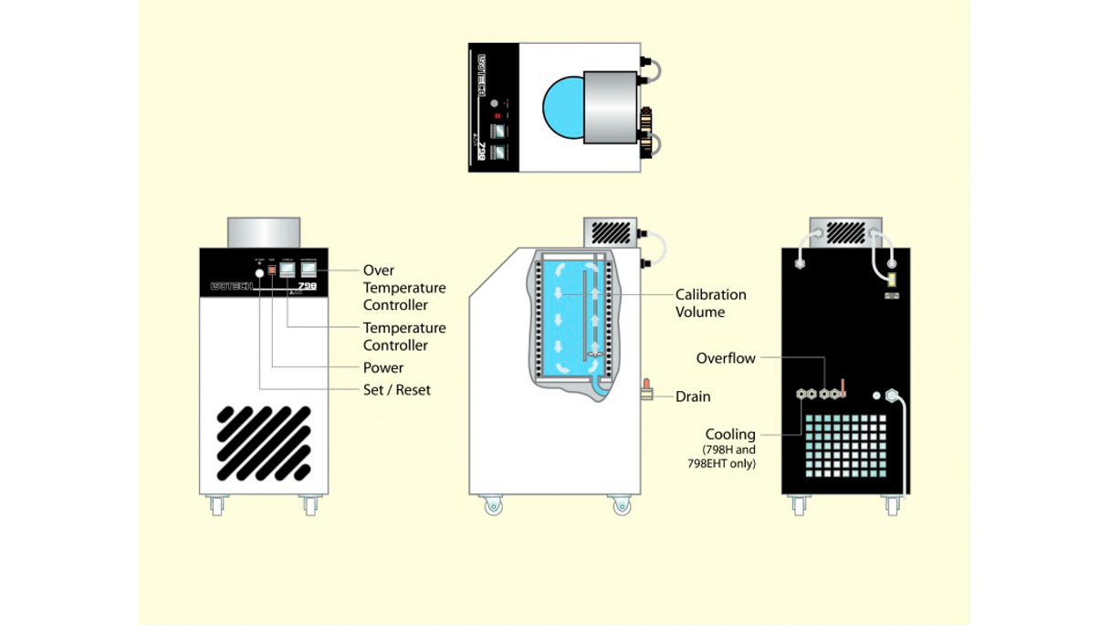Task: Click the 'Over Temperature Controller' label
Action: click(404, 287)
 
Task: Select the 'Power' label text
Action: click(383, 367)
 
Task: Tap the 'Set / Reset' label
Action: click(397, 389)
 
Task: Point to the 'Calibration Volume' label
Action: click(711, 302)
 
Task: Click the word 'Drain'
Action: click(693, 397)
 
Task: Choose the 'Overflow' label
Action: click(726, 358)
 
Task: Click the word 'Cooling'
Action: click(730, 434)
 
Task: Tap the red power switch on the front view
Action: click(272, 271)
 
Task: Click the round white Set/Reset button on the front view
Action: click(259, 272)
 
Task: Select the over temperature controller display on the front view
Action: click(309, 270)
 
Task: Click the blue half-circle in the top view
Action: click(561, 107)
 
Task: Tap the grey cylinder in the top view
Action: click(612, 107)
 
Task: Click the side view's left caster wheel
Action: click(493, 505)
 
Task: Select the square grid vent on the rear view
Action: click(845, 445)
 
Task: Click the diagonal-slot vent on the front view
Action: click(264, 443)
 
